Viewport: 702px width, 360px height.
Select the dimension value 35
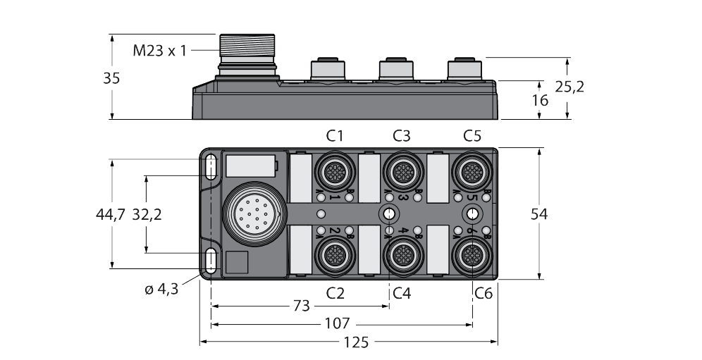pyautogui.click(x=111, y=79)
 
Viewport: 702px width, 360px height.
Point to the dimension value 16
pyautogui.click(x=541, y=100)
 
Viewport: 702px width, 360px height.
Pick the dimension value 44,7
pyautogui.click(x=110, y=216)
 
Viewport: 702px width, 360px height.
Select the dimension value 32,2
pyautogui.click(x=147, y=216)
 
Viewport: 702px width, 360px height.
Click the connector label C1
pyautogui.click(x=334, y=135)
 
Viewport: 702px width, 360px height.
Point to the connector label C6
pyautogui.click(x=484, y=292)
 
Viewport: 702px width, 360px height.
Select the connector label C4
pyautogui.click(x=402, y=292)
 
